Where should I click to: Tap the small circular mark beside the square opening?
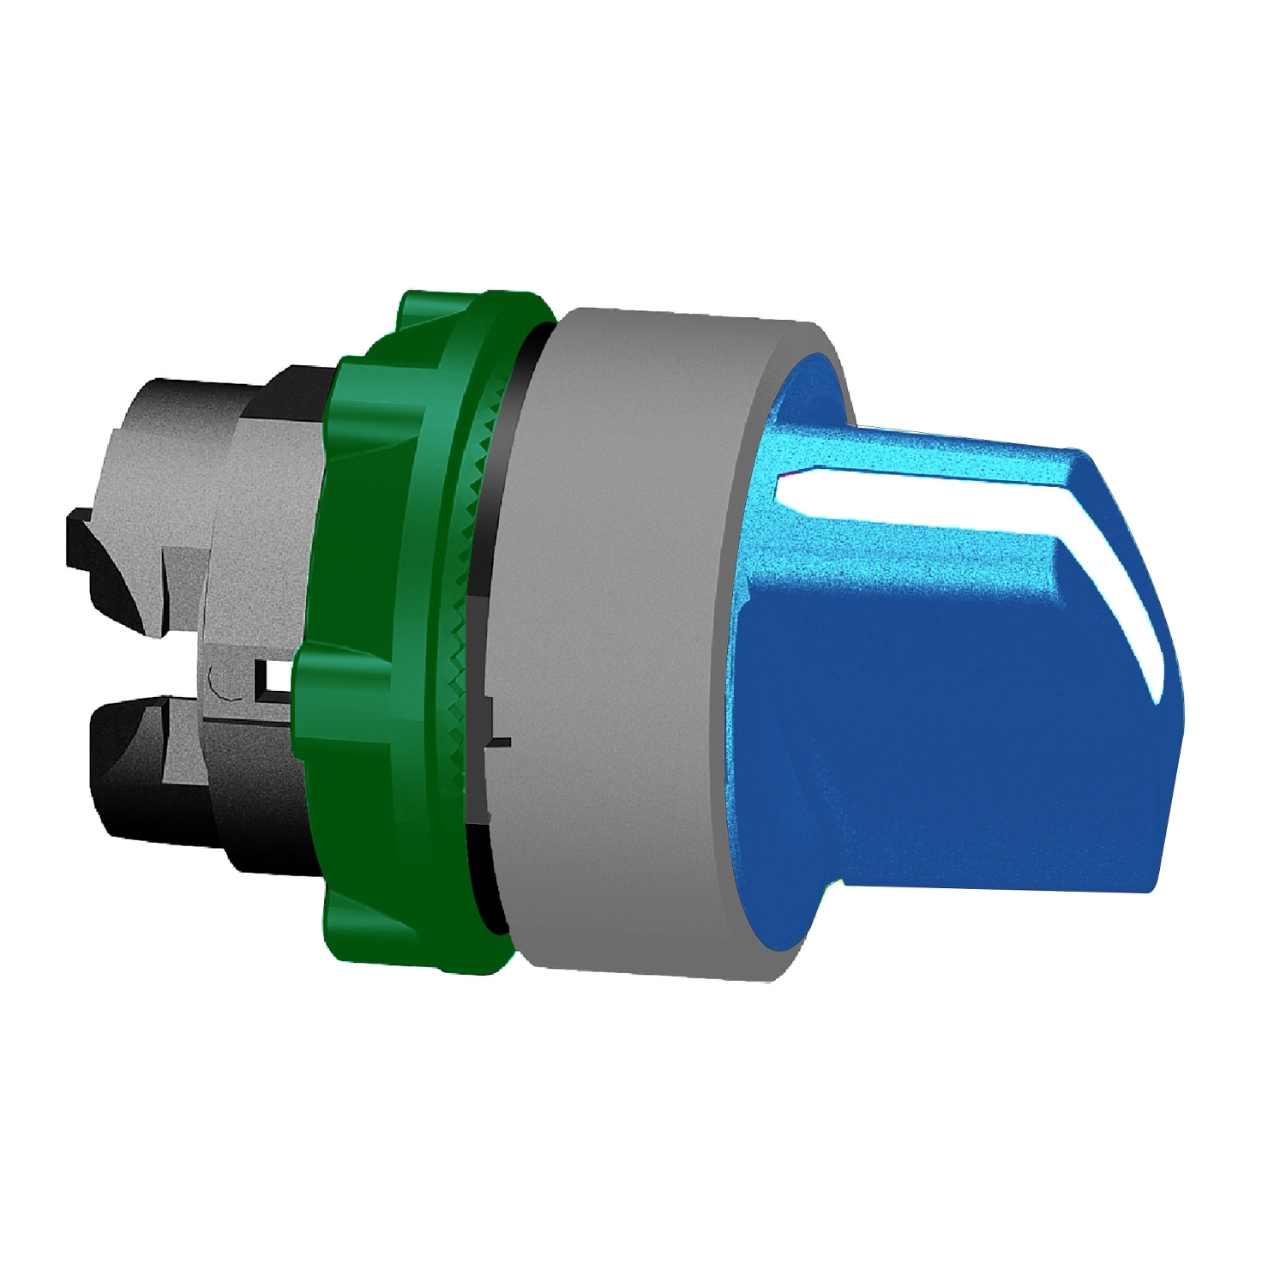coord(218,685)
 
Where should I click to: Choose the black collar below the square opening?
coord(257,823)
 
